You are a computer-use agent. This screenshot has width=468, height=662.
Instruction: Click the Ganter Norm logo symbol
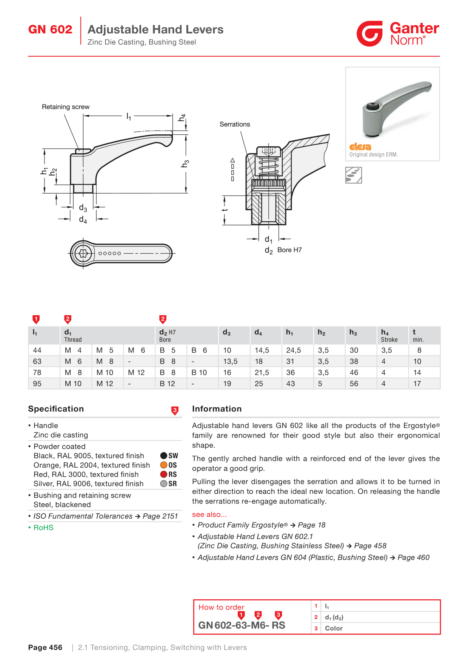tap(370, 34)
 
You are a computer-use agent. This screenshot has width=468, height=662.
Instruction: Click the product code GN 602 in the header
tap(50, 29)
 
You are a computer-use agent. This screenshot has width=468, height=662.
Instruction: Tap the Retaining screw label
tap(66, 107)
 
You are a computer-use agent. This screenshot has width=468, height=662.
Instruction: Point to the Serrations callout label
tap(235, 124)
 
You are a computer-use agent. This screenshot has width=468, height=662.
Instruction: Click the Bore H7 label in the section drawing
tap(289, 250)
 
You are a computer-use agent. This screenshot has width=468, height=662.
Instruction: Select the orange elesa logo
tap(360, 147)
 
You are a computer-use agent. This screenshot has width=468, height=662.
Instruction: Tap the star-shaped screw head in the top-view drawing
tap(83, 253)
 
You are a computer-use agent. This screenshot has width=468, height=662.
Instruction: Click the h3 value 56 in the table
tap(354, 383)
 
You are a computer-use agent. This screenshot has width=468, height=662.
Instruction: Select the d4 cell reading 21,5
tap(262, 373)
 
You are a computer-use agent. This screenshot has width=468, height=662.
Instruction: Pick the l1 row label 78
tap(37, 373)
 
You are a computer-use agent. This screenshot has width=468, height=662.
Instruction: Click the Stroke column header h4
tap(389, 336)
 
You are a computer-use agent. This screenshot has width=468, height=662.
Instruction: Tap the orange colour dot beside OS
tap(164, 465)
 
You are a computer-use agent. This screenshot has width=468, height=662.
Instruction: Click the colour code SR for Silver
tap(172, 484)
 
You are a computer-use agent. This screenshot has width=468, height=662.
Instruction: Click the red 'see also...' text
tap(209, 514)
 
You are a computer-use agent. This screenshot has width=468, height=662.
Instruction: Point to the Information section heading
tap(217, 409)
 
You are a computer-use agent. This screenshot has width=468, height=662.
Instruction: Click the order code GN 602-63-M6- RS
tap(242, 625)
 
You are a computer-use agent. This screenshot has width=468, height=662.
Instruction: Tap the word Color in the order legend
tap(334, 628)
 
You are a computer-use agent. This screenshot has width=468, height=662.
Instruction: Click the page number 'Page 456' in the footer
tap(45, 647)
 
